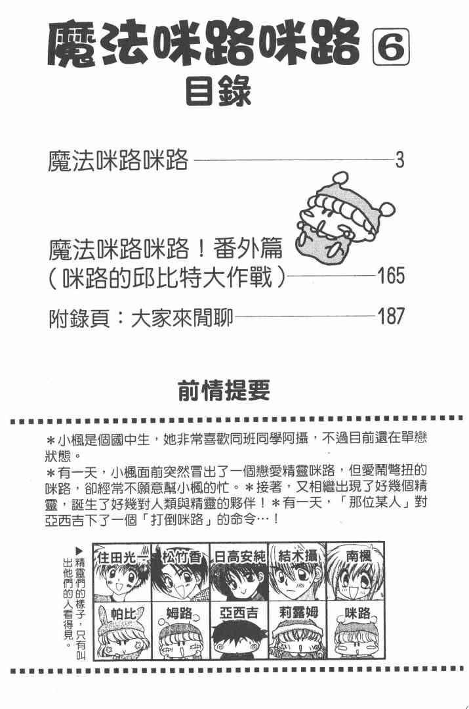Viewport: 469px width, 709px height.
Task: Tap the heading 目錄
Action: pos(218,93)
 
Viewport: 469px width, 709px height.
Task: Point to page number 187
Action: pos(392,318)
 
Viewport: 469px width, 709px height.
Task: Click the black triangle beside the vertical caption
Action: pos(80,549)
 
